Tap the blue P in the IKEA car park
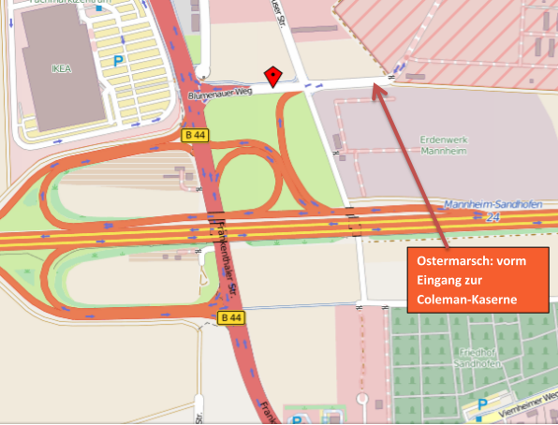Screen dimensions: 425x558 118,61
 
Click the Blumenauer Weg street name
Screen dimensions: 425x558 221,95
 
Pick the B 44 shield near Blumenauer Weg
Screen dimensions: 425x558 195,136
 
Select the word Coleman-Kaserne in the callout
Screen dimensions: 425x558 468,300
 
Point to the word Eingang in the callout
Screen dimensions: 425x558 448,283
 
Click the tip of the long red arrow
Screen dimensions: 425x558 377,86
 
